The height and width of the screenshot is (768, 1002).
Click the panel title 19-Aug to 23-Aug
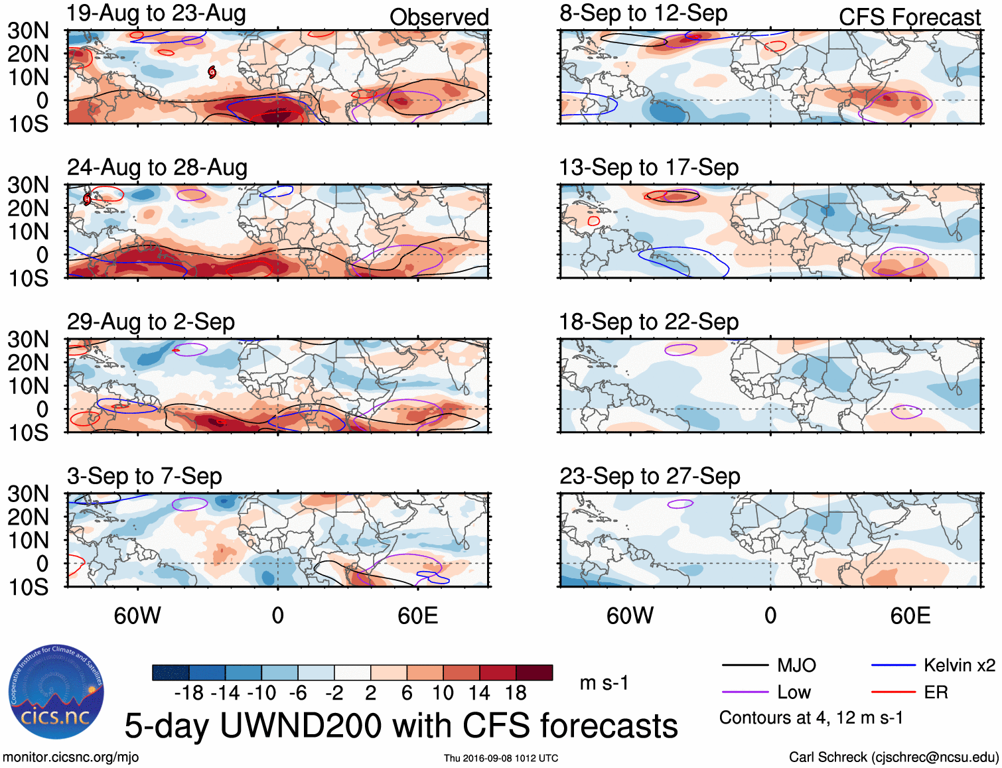point(157,13)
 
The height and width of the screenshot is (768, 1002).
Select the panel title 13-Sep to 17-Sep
point(648,168)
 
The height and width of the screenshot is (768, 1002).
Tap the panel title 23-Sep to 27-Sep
point(650,476)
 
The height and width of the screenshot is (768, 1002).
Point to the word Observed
point(439,17)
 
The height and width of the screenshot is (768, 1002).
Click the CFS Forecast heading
point(909,17)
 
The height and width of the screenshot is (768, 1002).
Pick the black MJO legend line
point(745,665)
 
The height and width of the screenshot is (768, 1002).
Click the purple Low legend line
point(745,692)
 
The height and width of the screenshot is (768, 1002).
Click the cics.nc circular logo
point(56,692)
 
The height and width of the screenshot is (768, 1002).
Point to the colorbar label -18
point(189,694)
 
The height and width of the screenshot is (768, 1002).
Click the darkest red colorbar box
point(534,672)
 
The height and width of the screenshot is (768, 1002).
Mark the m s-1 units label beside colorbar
point(604,683)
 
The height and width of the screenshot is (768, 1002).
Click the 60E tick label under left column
point(417,616)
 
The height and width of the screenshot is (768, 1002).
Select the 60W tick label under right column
point(630,616)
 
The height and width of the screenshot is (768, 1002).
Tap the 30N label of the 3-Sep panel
point(28,494)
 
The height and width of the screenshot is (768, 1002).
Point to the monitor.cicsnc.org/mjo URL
point(70,757)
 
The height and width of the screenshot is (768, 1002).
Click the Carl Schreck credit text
point(893,757)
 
